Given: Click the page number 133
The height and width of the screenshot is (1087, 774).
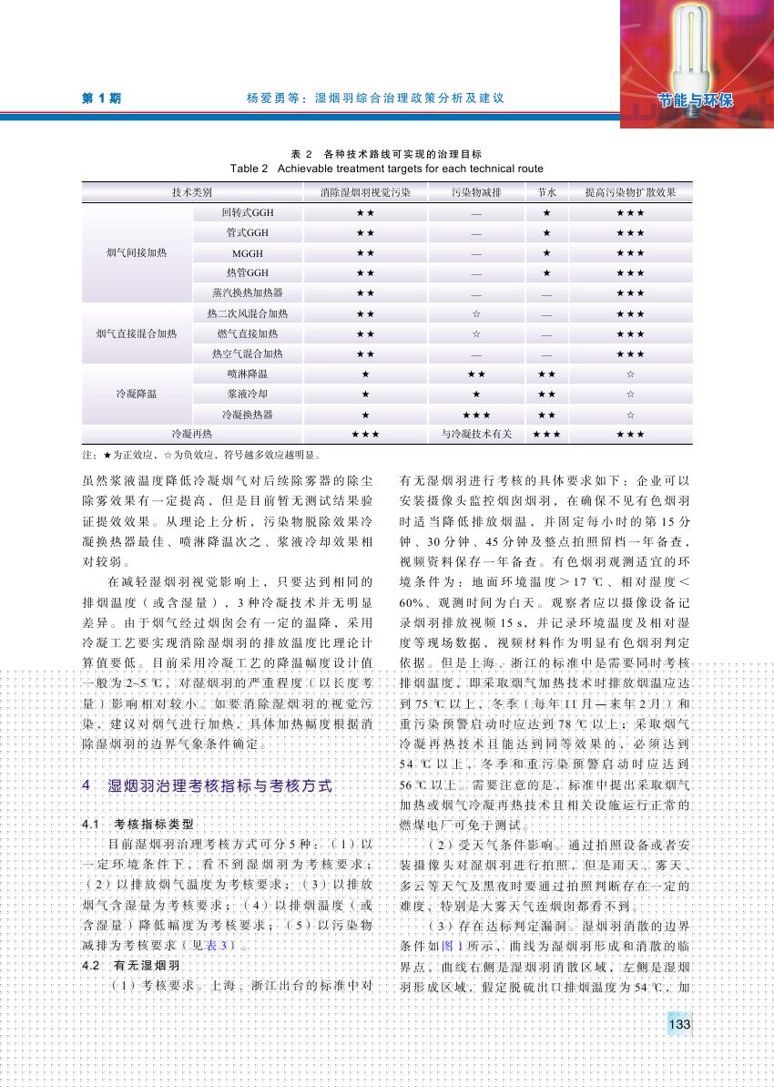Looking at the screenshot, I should pyautogui.click(x=678, y=1025).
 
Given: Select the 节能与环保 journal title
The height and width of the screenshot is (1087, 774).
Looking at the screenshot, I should pyautogui.click(x=698, y=99).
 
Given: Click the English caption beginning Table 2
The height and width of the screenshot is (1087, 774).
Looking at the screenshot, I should pyautogui.click(x=387, y=169).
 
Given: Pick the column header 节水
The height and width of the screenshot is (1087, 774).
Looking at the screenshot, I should pyautogui.click(x=546, y=193).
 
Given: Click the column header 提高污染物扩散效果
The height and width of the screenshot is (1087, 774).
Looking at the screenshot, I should pyautogui.click(x=630, y=193).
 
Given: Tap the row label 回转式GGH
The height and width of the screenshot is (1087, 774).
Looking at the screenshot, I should pyautogui.click(x=248, y=212).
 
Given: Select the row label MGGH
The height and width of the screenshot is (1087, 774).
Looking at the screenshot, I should pyautogui.click(x=248, y=252).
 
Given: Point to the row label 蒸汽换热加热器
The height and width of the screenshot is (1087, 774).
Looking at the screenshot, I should pyautogui.click(x=248, y=292).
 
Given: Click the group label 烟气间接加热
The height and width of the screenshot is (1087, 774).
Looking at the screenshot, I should pyautogui.click(x=137, y=252).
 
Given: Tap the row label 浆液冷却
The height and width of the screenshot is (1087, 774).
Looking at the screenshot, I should pyautogui.click(x=248, y=394).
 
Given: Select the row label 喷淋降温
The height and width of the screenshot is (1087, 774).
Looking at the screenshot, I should pyautogui.click(x=248, y=374).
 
